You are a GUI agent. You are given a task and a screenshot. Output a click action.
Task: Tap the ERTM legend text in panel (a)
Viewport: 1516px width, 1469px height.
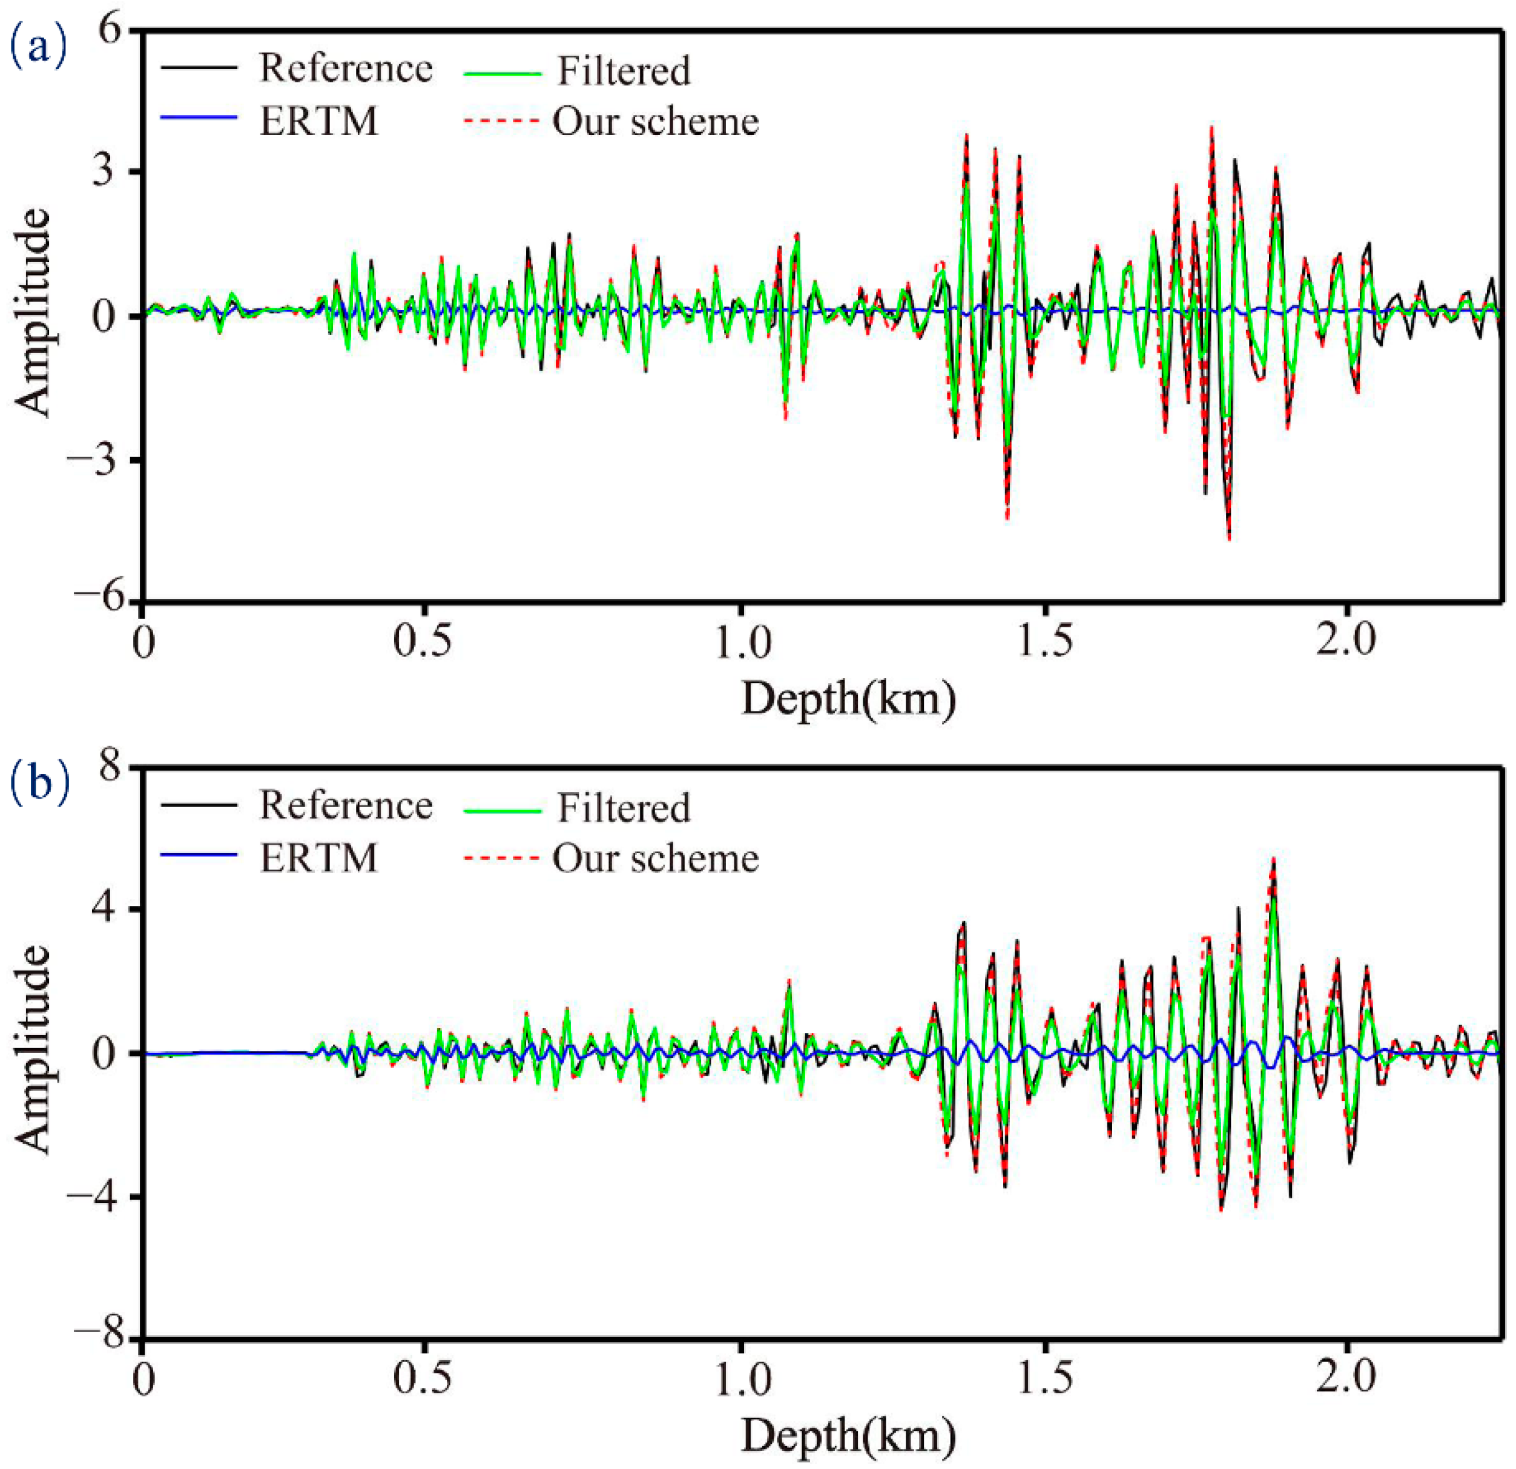(x=318, y=120)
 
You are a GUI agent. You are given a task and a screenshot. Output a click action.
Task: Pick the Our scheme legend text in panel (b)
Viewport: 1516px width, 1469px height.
(x=655, y=859)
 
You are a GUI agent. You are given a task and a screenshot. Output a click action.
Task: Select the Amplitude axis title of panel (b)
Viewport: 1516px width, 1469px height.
(x=33, y=1051)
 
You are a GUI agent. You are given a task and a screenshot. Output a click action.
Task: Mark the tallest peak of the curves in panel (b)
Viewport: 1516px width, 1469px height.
(x=1273, y=859)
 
